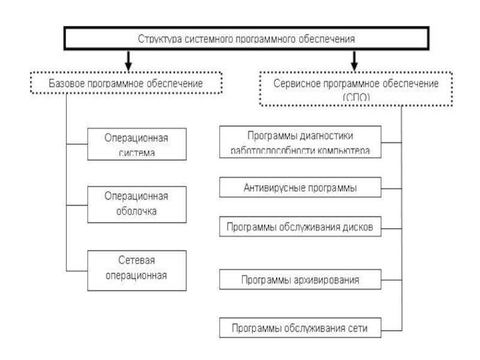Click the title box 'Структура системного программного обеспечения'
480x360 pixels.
(x=247, y=39)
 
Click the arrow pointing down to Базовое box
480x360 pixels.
(x=128, y=59)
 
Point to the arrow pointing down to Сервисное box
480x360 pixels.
(x=355, y=59)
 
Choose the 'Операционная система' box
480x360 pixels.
(x=128, y=144)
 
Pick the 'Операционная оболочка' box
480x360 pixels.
(x=128, y=204)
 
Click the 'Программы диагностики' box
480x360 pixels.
(x=300, y=142)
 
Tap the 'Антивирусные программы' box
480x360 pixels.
(x=300, y=188)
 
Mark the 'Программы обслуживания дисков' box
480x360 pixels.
(x=300, y=227)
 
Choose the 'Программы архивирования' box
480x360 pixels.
(x=300, y=280)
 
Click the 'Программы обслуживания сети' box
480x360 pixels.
(x=300, y=328)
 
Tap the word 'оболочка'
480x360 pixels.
(x=128, y=212)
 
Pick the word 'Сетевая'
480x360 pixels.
(x=128, y=262)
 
